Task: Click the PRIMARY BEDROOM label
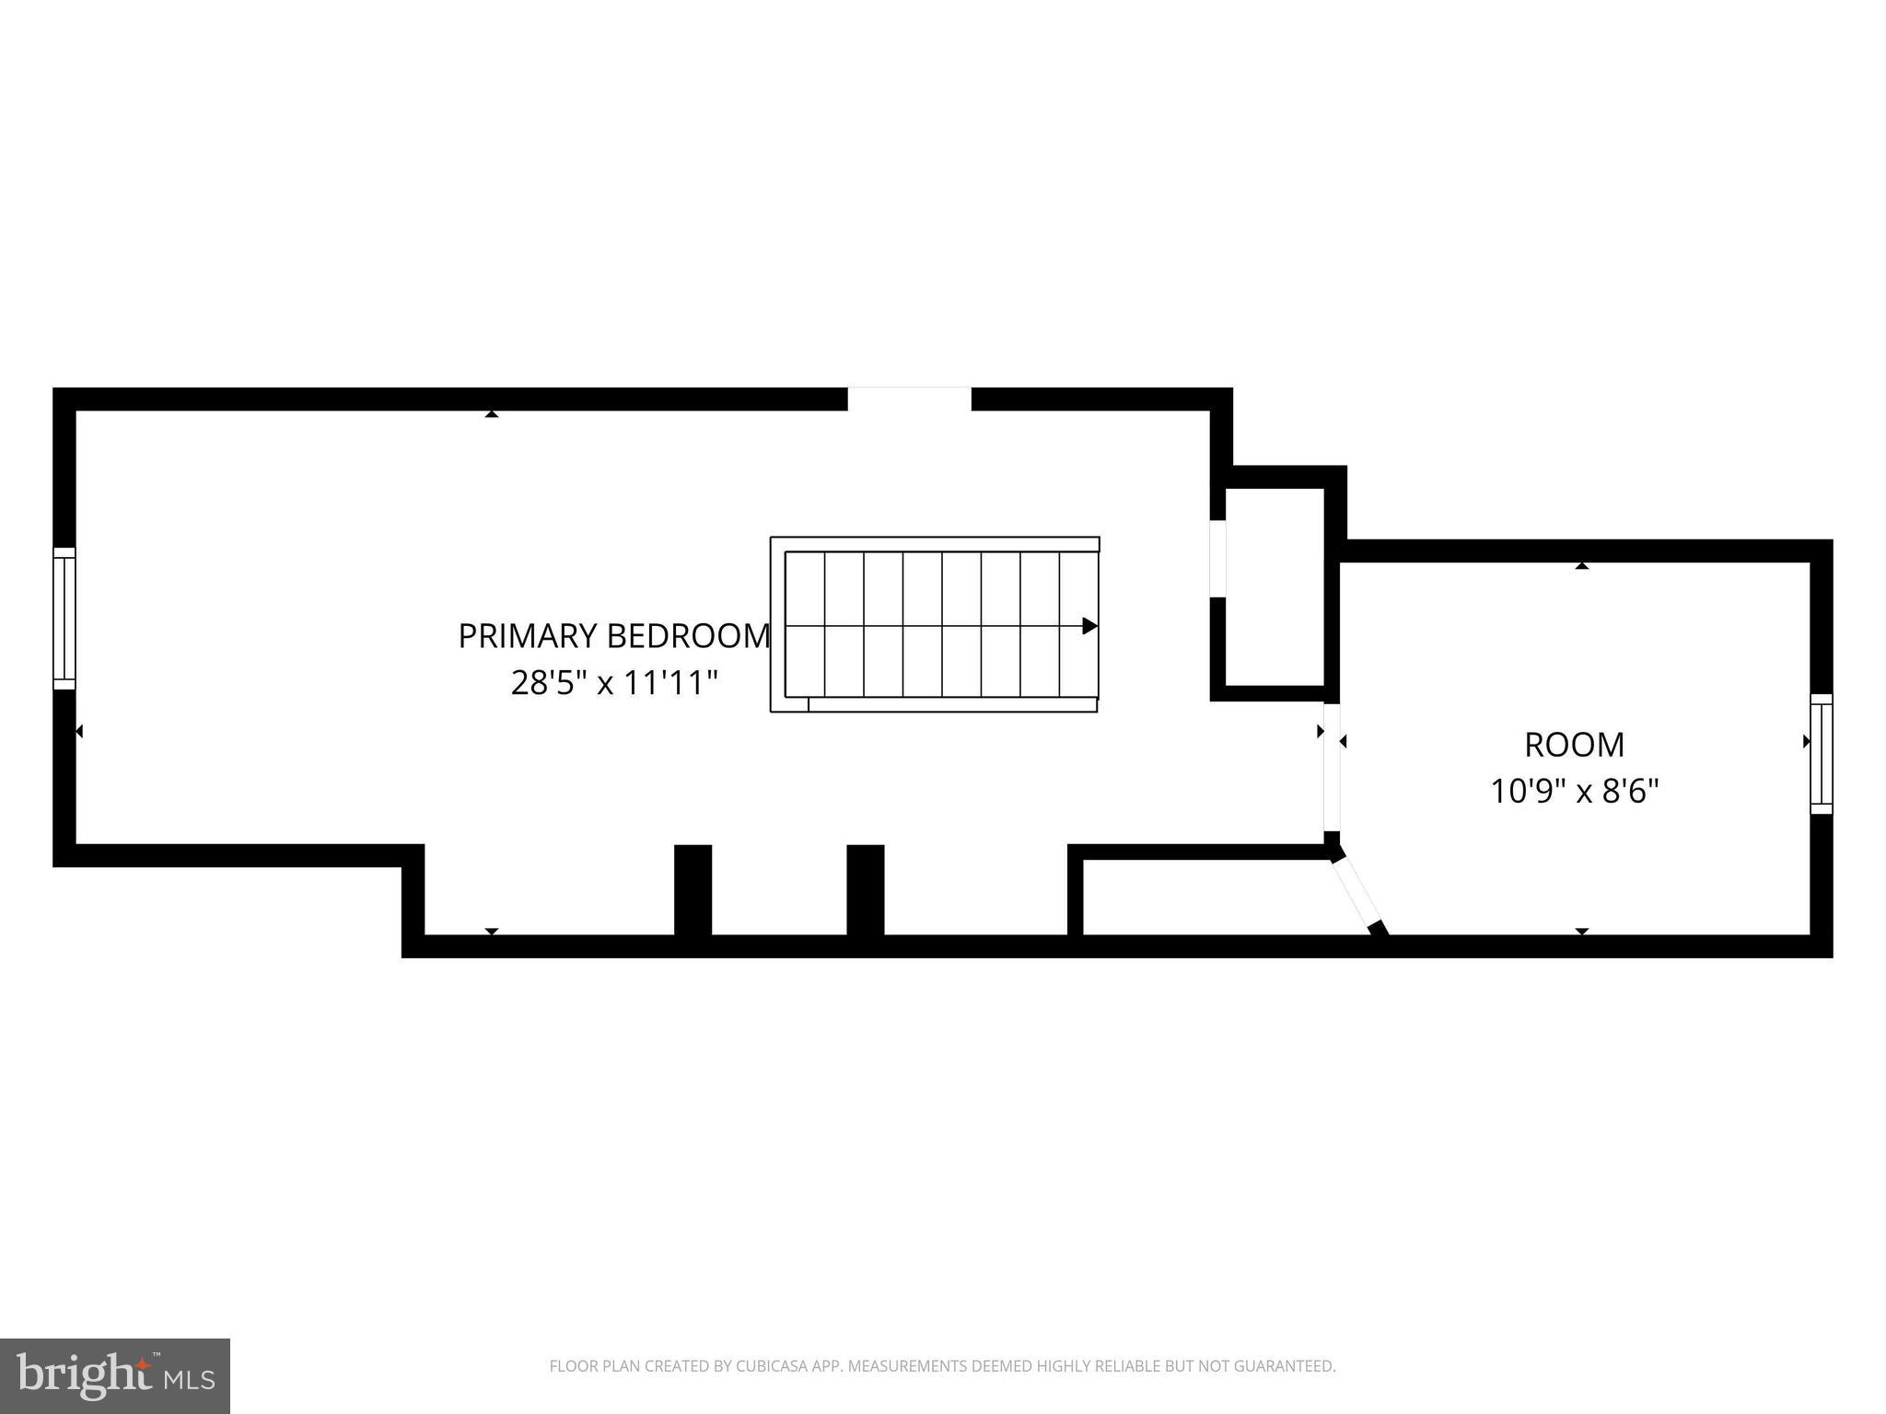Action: click(613, 636)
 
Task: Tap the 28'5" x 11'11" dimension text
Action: click(614, 683)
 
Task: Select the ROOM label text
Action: click(1574, 745)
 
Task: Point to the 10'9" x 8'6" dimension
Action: click(1574, 791)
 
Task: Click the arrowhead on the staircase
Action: click(1089, 626)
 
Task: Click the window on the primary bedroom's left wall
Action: click(64, 618)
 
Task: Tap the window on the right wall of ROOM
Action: click(1821, 754)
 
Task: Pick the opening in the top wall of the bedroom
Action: click(909, 399)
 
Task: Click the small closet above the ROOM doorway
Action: click(1275, 586)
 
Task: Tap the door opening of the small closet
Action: click(1217, 558)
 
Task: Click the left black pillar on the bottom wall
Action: click(693, 889)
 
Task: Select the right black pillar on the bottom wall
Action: click(865, 889)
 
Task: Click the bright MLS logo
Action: click(115, 1375)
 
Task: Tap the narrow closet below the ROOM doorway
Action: click(1206, 897)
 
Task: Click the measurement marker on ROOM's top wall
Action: click(1581, 566)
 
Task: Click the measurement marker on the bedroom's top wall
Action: click(492, 414)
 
